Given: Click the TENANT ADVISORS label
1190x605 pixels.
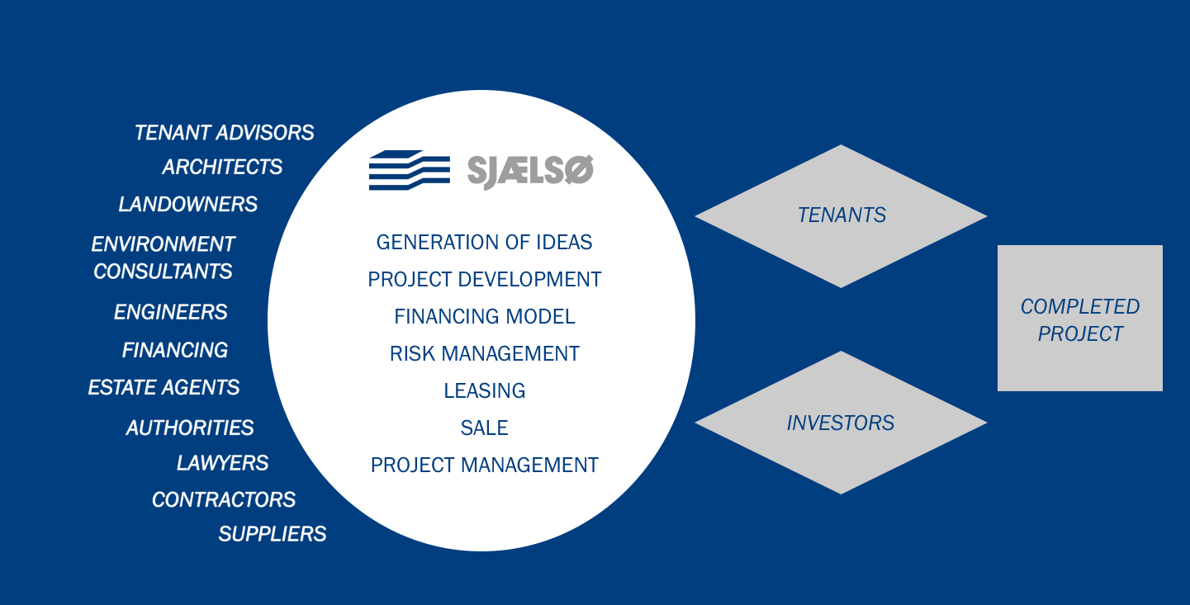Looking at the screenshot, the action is (224, 133).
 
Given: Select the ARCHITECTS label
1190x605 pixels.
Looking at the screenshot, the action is (222, 167).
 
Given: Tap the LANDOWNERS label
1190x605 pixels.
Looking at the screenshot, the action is (187, 204).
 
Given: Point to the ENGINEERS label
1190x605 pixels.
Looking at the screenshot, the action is (171, 312).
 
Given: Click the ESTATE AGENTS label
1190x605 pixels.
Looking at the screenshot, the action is (164, 387).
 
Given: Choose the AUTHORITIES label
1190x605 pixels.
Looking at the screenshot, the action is (190, 428).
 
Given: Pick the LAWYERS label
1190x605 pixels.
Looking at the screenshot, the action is (223, 463).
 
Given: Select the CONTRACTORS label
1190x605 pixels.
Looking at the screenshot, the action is (224, 499).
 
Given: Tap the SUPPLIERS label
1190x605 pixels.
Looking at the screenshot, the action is (273, 534).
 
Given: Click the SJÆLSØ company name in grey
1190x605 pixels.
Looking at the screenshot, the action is (530, 171).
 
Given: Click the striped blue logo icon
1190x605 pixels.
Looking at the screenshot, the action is (410, 170).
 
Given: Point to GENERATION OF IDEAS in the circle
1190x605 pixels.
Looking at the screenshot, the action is (484, 242).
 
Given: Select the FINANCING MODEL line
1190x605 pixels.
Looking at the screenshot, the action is (485, 317).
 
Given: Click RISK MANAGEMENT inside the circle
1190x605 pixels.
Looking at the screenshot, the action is (485, 354).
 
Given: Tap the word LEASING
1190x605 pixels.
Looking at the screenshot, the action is (485, 391).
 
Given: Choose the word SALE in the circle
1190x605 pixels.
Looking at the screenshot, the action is (485, 428).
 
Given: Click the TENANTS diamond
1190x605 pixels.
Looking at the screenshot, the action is (841, 216).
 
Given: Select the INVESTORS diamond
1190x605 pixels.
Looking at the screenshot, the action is (841, 423).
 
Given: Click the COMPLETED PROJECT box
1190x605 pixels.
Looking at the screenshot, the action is (1080, 318).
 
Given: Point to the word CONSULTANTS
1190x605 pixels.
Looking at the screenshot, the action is (163, 272).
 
